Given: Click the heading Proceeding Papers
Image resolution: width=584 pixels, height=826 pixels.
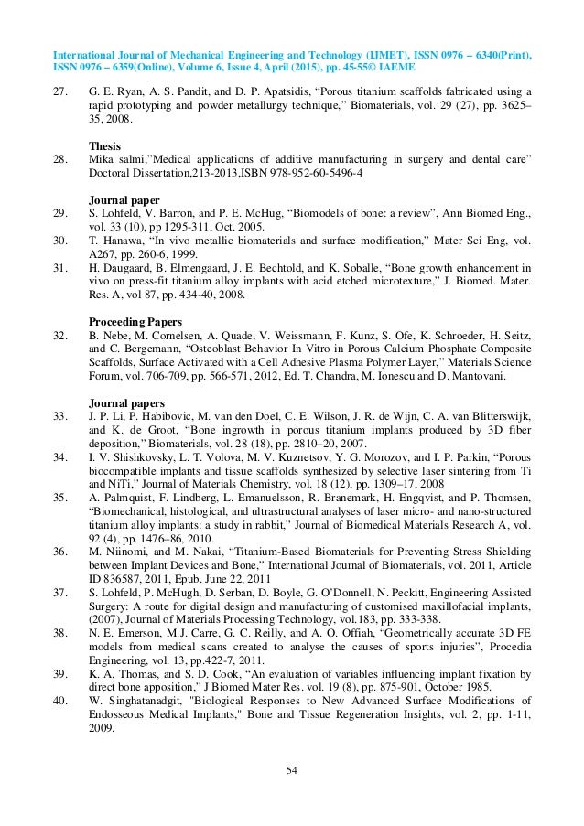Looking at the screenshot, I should (x=134, y=322).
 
